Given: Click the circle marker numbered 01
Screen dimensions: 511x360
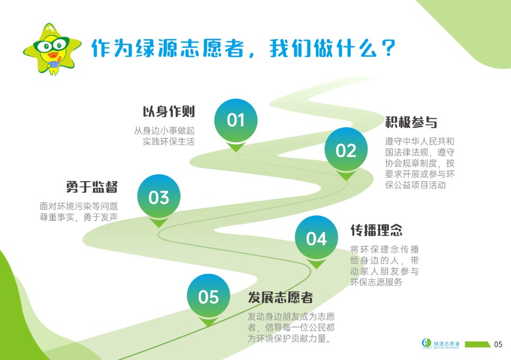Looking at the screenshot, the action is click(236, 120).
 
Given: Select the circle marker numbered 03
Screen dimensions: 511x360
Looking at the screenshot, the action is click(159, 196).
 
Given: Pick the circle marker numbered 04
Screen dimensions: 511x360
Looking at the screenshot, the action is click(316, 237).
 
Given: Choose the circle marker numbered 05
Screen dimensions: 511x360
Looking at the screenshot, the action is click(208, 295).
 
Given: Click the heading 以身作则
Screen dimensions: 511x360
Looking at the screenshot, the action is click(169, 111).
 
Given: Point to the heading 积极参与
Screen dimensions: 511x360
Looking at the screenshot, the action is click(411, 122).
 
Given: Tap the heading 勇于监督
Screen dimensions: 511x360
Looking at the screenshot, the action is click(91, 187).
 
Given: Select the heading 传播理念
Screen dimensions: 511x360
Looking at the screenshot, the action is click(376, 230).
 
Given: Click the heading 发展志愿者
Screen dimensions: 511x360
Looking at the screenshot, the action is click(280, 298).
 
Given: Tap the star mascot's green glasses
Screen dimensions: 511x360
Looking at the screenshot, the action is click(52, 44).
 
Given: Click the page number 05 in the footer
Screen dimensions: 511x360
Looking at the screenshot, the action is click(498, 344).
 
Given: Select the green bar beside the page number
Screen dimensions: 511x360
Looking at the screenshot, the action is click(478, 344).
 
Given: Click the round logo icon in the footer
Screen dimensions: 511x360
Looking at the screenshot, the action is click(426, 344).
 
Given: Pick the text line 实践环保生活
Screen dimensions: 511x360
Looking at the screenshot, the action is click(169, 142).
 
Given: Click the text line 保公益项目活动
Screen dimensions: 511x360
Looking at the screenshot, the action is click(415, 185).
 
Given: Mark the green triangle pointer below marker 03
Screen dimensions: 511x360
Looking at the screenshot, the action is click(159, 223).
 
